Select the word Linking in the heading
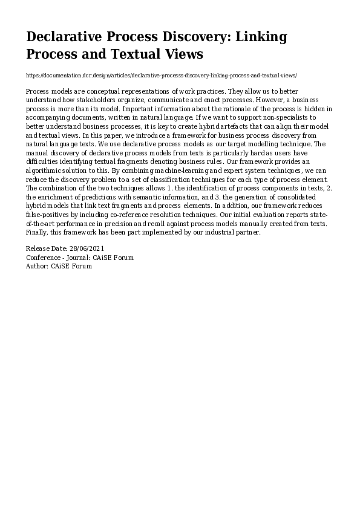point(261,37)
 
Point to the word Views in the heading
point(183,54)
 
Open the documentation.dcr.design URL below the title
point(162,76)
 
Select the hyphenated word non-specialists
point(257,117)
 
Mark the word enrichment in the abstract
point(60,198)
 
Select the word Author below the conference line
point(37,266)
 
